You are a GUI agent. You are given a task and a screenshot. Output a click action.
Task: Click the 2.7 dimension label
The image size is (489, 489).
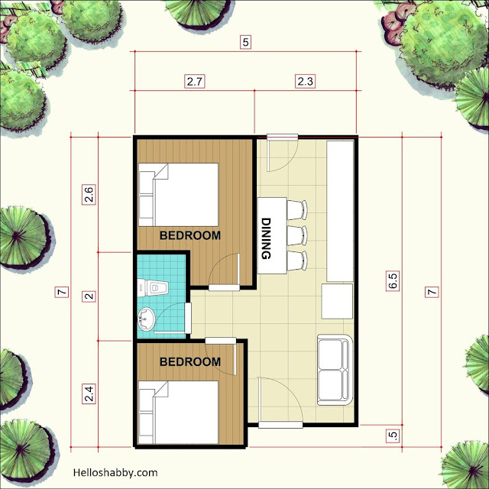[194, 82]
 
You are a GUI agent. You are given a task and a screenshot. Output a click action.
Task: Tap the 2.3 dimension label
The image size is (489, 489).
[305, 82]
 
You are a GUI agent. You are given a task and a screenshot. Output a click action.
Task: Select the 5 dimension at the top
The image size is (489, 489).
[245, 42]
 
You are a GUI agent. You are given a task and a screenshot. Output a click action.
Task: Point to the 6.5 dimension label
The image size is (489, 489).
[393, 280]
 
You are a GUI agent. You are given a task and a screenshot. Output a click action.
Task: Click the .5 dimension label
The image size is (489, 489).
[393, 436]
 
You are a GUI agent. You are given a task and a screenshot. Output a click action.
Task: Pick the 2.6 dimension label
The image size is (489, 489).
[89, 194]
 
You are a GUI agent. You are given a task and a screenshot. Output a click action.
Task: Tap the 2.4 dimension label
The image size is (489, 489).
[89, 394]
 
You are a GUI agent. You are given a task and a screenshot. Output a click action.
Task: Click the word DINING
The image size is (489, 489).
[266, 238]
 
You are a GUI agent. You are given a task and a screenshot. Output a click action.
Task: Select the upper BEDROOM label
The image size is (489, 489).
[190, 235]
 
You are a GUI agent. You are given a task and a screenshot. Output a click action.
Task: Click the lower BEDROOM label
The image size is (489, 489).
[190, 361]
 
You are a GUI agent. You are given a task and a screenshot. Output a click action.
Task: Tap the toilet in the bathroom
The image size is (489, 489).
[153, 288]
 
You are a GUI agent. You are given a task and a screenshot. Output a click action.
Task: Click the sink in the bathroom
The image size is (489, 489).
[146, 319]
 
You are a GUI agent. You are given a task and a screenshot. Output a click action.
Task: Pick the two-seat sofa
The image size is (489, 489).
[334, 370]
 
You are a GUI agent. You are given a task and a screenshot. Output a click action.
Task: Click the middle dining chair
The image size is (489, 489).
[297, 235]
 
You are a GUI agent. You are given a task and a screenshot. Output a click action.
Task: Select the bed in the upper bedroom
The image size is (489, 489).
[178, 195]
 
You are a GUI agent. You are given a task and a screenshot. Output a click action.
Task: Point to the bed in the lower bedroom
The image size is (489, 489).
[178, 412]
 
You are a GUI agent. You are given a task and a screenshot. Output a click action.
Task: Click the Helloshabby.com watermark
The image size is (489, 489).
[115, 473]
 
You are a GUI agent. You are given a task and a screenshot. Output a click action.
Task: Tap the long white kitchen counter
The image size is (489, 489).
[340, 211]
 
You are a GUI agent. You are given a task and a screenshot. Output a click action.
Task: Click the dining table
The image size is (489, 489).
[272, 235]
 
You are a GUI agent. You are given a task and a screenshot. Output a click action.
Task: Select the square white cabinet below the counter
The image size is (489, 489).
[337, 301]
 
